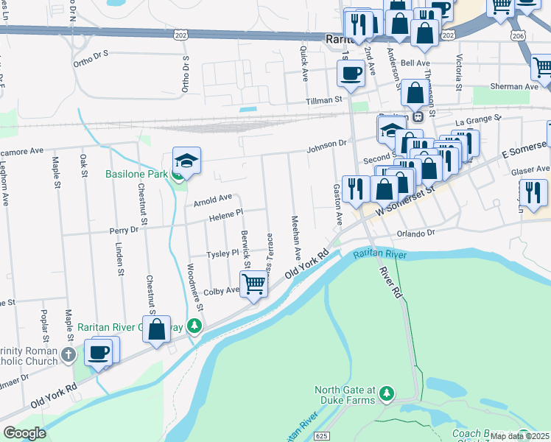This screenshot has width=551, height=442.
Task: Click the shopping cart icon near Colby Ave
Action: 253,283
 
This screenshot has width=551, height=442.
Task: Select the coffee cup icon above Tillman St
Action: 351,73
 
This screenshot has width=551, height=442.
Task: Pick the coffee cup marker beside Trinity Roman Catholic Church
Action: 98,351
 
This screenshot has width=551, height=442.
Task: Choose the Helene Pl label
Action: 225,214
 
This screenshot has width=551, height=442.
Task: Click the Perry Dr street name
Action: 123,230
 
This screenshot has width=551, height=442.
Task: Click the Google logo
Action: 24,433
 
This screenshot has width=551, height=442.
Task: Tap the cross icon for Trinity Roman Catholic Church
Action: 68,355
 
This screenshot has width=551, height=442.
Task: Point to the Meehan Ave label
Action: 296,236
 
